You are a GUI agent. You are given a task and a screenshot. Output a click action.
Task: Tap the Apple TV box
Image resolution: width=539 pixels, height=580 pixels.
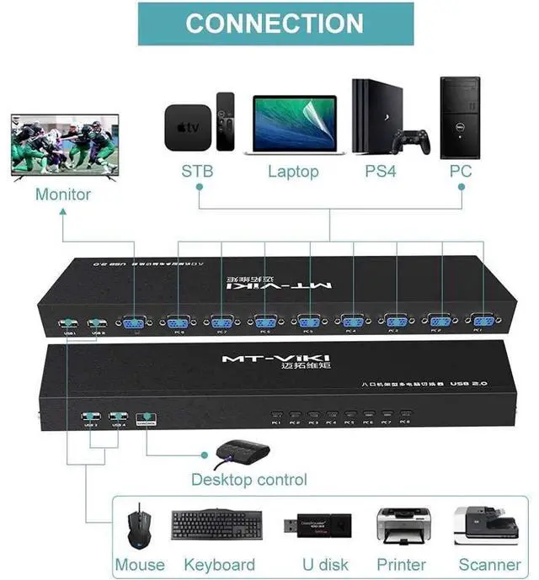point(186,126)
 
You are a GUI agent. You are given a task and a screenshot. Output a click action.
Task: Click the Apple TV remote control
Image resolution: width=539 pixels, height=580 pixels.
point(225,121)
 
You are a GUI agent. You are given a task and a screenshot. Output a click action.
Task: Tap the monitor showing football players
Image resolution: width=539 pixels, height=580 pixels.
point(63,146)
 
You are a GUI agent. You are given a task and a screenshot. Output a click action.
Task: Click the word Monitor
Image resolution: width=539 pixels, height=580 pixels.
point(63,194)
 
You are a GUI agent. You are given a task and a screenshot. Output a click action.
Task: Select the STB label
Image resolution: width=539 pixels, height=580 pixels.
point(197,172)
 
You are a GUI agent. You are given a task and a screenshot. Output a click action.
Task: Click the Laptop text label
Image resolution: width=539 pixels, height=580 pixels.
point(293,172)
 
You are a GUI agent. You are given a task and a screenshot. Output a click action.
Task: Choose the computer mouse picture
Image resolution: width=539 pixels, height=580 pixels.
point(138,528)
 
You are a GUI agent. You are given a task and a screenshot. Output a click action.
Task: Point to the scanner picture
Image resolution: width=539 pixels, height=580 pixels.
point(487,525)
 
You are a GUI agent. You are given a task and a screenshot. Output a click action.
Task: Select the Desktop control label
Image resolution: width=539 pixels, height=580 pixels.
point(249,480)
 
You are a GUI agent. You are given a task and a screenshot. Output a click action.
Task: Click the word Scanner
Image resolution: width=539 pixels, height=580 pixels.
point(490,564)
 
